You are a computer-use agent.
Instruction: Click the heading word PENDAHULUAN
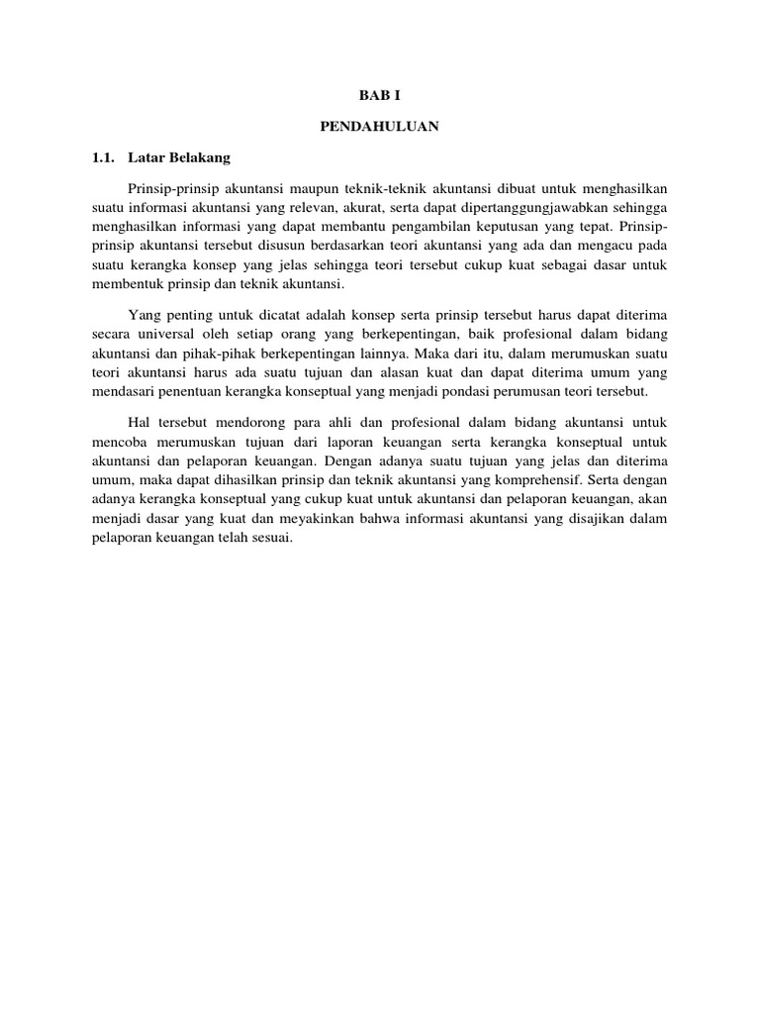[380, 126]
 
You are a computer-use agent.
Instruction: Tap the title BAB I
[380, 96]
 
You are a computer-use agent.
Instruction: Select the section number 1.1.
[103, 156]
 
